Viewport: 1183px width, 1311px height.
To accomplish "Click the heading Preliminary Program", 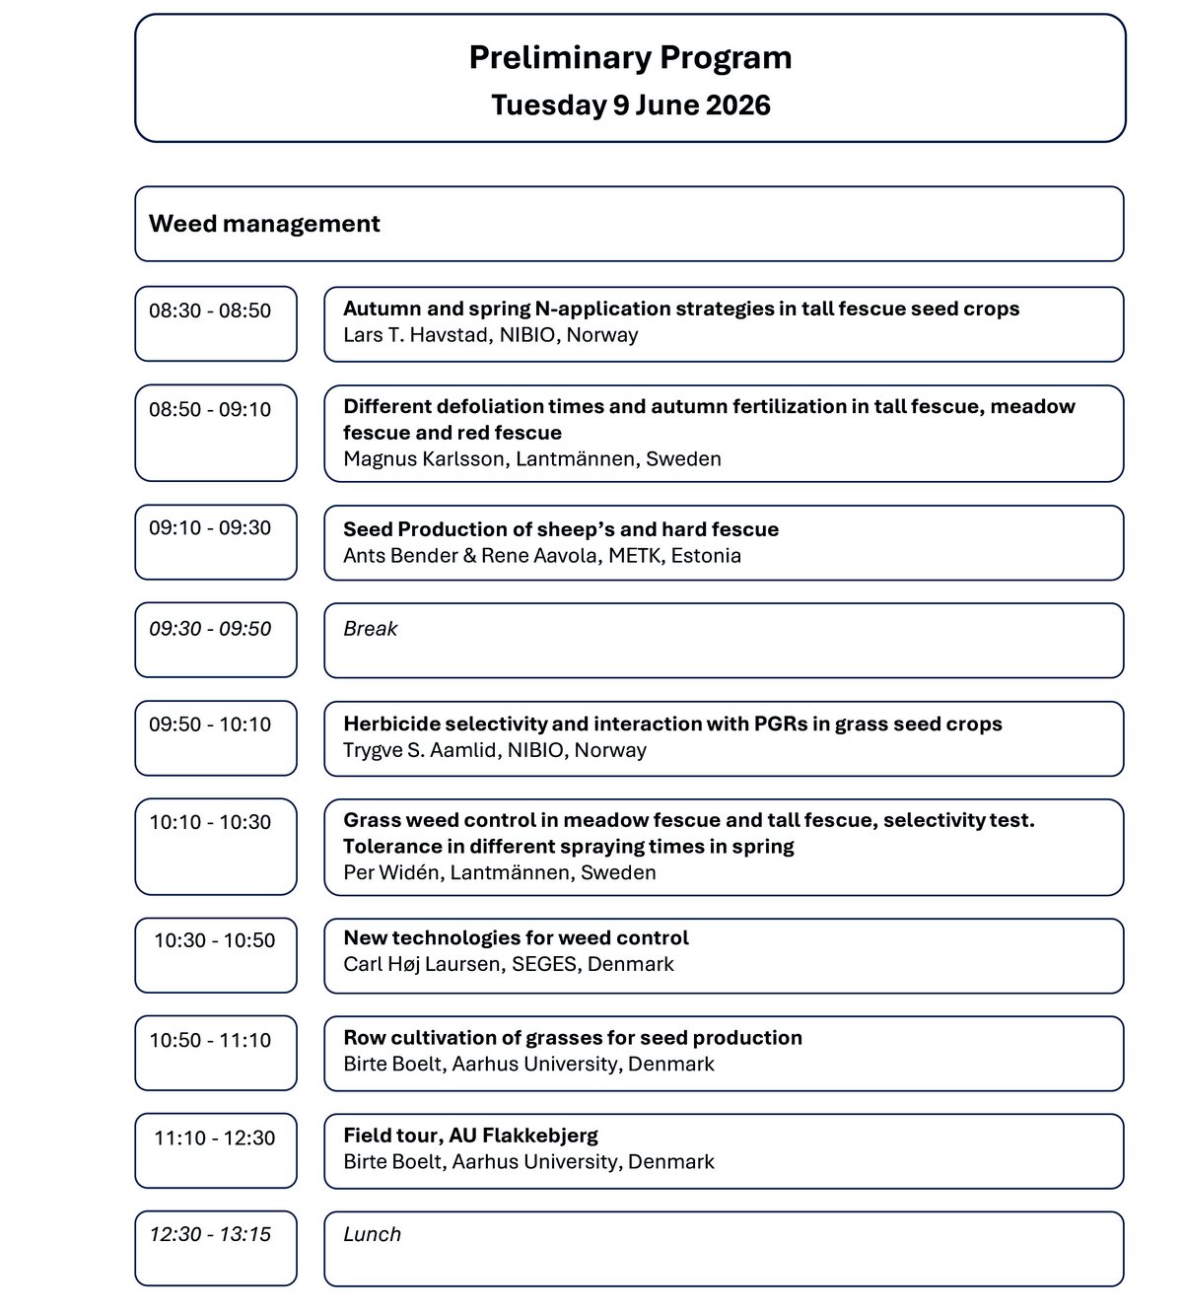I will pos(630,58).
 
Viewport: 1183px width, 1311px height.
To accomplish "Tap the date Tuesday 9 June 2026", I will pos(630,104).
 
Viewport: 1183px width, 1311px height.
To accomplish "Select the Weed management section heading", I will pos(264,224).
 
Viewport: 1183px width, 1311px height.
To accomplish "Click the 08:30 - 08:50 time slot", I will pos(210,310).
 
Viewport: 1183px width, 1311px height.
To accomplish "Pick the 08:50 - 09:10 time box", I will pos(210,409).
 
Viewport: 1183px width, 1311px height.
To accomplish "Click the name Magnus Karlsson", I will pos(424,459).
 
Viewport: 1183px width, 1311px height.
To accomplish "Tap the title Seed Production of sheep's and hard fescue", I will pos(561,529).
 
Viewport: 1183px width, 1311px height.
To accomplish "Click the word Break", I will pos(371,629).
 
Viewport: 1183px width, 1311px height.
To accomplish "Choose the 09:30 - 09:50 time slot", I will pos(210,629).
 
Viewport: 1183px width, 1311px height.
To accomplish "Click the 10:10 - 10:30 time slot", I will pos(210,822).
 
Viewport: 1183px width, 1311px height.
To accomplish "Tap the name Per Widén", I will pos(390,872).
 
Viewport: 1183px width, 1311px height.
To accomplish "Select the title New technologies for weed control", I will pos(516,937).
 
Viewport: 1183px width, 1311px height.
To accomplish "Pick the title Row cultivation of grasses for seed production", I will pos(573,1037).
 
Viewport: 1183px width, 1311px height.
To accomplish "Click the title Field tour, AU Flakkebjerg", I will pos(470,1135).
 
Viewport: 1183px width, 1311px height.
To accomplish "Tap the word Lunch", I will pos(373,1234).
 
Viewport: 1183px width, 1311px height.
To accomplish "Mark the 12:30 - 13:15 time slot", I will pos(210,1234).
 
